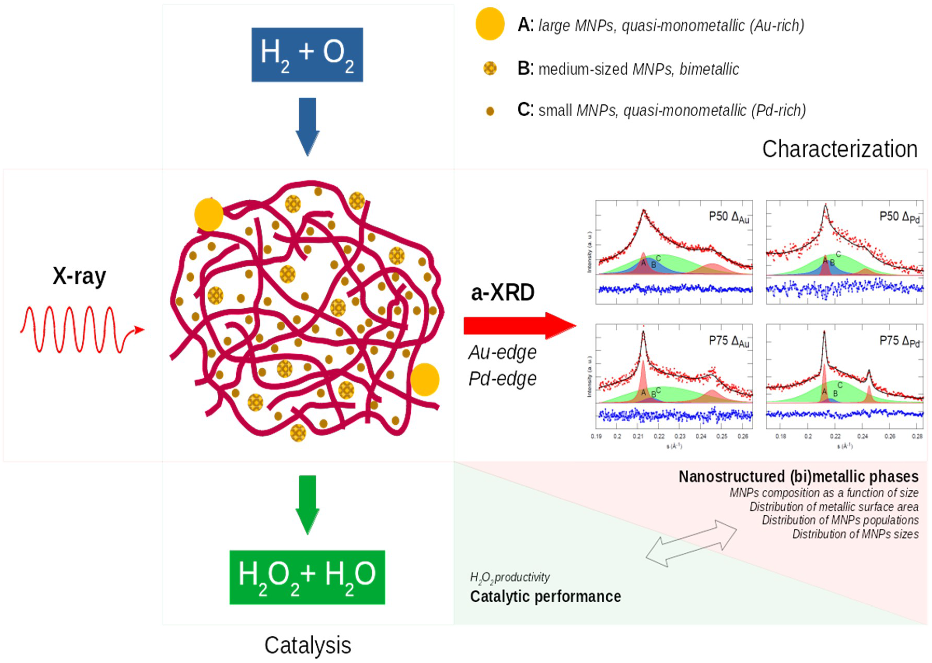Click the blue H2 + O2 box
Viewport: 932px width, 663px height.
(307, 55)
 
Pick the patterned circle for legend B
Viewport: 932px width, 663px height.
(490, 68)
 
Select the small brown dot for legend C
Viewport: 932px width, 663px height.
(490, 111)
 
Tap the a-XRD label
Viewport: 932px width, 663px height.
(503, 292)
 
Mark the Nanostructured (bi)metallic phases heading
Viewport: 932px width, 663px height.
(798, 476)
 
